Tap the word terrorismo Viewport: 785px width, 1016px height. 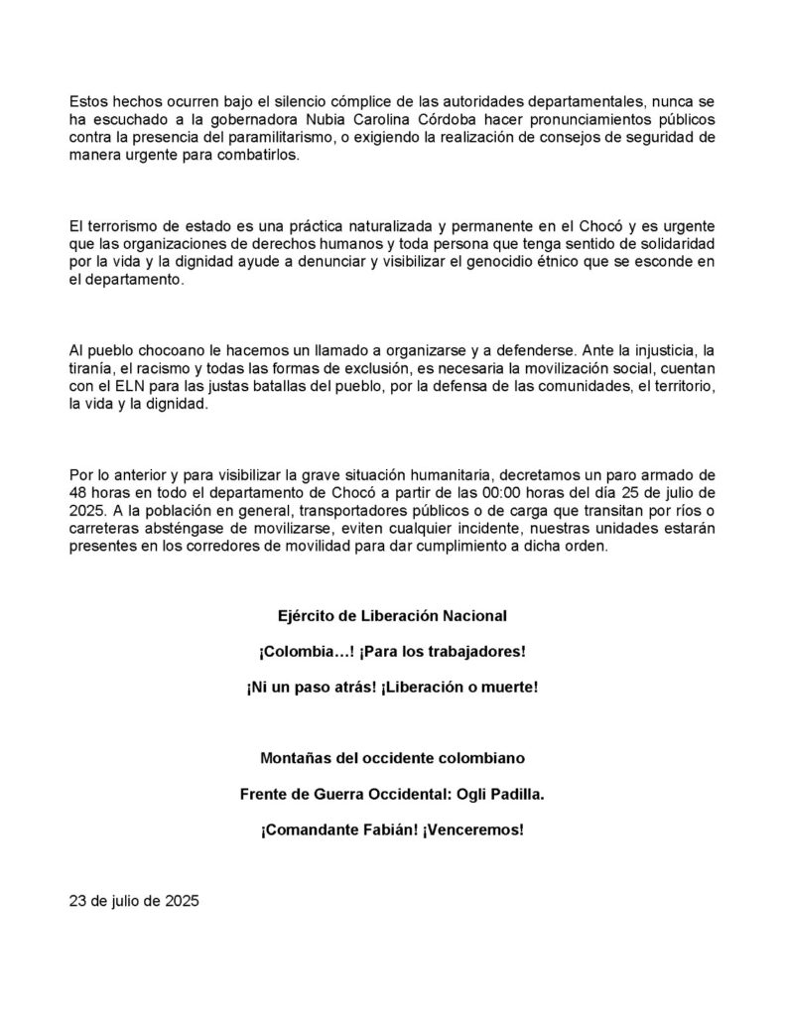click(x=122, y=224)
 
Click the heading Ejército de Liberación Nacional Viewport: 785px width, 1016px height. click(x=392, y=616)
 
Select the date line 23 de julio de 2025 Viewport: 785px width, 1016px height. click(x=134, y=902)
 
